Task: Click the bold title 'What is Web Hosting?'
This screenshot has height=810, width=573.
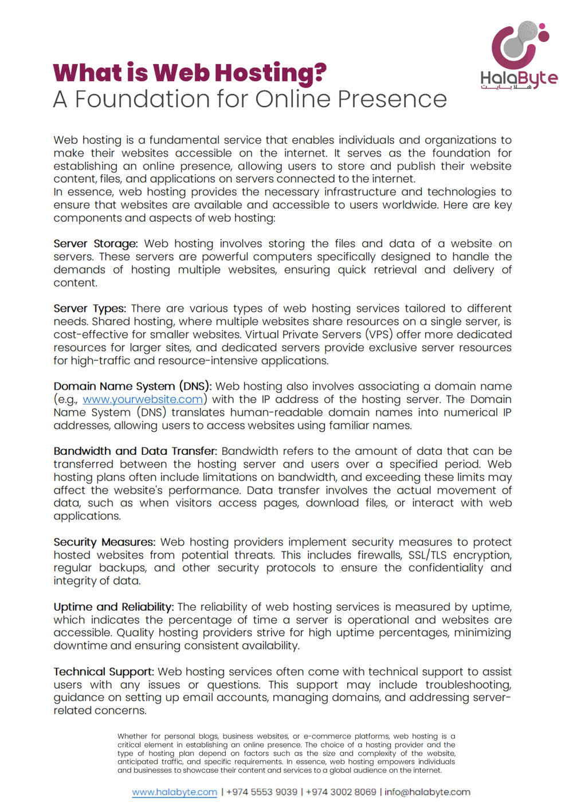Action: coord(190,73)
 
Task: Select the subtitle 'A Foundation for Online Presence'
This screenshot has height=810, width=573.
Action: coord(250,99)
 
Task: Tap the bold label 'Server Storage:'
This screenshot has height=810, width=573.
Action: coord(96,244)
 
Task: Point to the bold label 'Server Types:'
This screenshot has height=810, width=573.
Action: coord(89,309)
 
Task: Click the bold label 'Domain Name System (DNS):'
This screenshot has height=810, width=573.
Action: coord(132,387)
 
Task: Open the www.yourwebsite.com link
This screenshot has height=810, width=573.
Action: coord(143,400)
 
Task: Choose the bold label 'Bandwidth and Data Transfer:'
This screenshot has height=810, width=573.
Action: coord(135,451)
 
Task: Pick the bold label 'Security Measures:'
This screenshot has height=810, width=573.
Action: coord(104,542)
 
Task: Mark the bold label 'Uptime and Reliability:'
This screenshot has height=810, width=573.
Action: coord(113,607)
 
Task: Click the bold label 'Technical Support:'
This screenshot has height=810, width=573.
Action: coord(104,672)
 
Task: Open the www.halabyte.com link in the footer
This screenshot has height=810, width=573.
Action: coord(175,792)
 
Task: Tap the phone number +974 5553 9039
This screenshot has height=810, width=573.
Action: coord(262,792)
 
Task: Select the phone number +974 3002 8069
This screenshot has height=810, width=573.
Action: coord(341,792)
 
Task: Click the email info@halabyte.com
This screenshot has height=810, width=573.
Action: coord(427,792)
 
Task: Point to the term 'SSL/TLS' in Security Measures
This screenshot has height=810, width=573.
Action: coord(427,556)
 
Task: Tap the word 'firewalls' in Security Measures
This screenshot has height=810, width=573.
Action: coord(379,556)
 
